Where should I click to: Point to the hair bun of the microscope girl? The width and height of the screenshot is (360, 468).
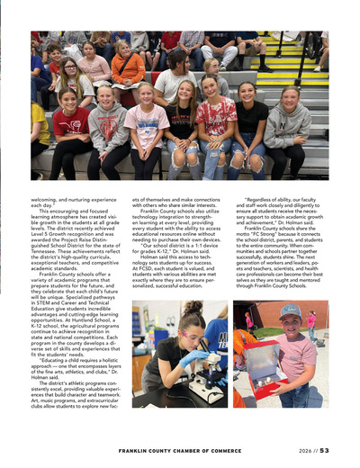(x=192, y=308)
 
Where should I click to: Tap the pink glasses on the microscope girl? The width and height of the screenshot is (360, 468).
(x=193, y=331)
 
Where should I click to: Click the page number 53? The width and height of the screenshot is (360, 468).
(x=324, y=451)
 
